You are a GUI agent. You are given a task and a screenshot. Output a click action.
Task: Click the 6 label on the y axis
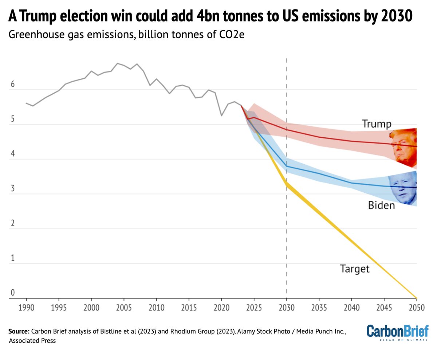12,85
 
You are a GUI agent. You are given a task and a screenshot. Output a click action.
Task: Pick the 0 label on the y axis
12,293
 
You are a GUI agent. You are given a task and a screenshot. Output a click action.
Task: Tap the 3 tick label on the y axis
12,189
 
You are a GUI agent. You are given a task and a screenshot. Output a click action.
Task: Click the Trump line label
377,124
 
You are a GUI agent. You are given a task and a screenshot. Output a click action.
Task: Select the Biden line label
381,206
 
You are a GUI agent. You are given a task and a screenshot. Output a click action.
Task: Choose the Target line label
354,269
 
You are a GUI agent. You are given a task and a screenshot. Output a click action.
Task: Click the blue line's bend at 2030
287,166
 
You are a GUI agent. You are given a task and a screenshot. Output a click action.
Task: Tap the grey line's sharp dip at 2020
221,116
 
